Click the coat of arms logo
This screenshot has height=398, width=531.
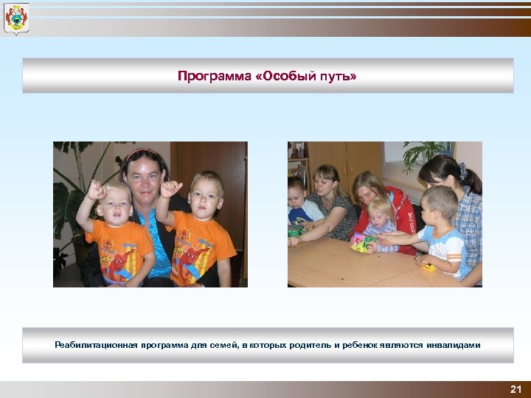click(15, 19)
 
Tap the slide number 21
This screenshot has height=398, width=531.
click(516, 389)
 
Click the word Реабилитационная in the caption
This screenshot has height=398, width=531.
click(96, 345)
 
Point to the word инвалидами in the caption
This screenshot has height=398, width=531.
click(453, 345)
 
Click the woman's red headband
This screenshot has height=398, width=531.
click(140, 153)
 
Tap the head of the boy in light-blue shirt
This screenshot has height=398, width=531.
click(440, 202)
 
